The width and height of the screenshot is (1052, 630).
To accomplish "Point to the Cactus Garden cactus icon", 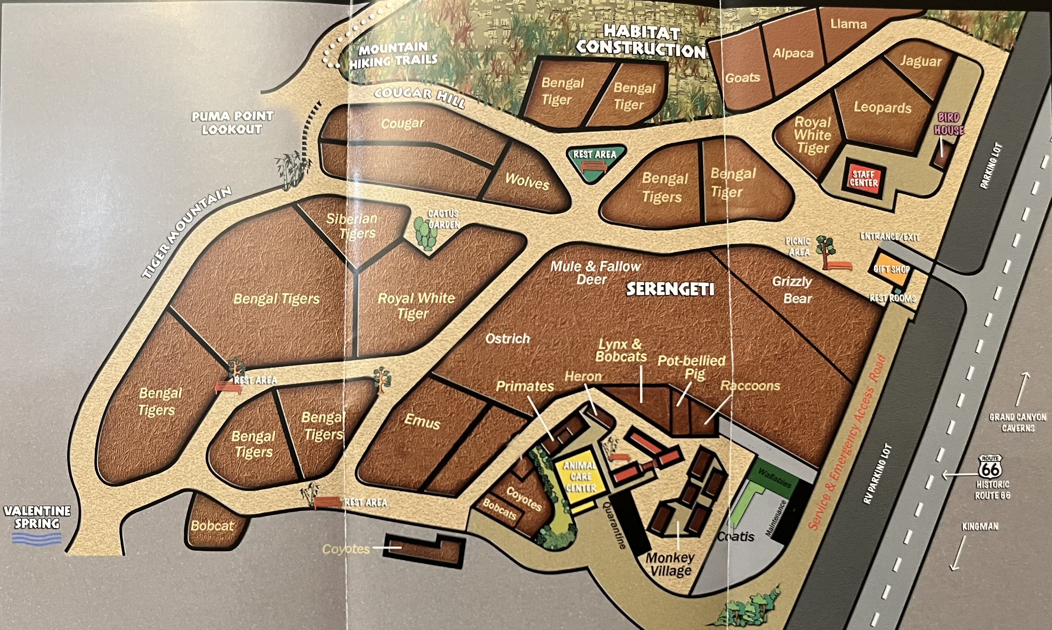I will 425,233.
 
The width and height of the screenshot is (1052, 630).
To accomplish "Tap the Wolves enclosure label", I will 527,182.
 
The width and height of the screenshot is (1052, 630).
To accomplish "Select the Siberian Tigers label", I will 352,226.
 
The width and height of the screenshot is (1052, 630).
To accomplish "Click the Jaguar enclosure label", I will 921,62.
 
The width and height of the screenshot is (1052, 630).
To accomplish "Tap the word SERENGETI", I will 670,289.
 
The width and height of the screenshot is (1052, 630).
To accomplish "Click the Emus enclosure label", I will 422,422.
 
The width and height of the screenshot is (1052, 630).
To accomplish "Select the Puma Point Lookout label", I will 232,122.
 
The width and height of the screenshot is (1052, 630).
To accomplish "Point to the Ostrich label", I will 507,339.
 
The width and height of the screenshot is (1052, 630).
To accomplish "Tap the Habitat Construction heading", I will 641,41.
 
